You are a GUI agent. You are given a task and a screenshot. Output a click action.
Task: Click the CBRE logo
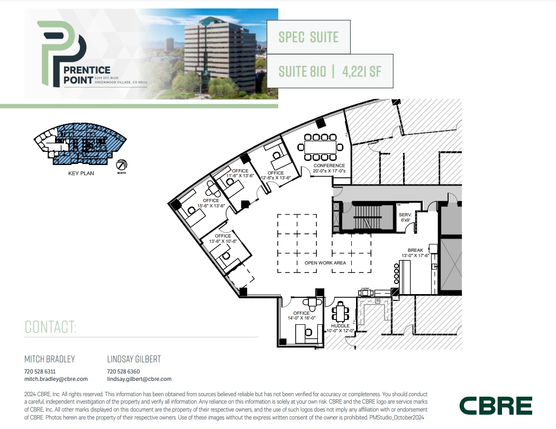pyautogui.click(x=496, y=405)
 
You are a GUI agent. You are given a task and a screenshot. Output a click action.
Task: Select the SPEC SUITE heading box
pyautogui.click(x=308, y=37)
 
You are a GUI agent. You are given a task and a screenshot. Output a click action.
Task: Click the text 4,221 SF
pyautogui.click(x=361, y=71)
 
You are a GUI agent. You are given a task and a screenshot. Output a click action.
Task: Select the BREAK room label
pyautogui.click(x=415, y=250)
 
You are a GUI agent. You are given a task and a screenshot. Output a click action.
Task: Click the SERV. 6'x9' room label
pyautogui.click(x=406, y=217)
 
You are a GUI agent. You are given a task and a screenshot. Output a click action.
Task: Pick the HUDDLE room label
pyautogui.click(x=340, y=326)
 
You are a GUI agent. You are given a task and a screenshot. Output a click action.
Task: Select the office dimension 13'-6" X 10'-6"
pyautogui.click(x=223, y=241)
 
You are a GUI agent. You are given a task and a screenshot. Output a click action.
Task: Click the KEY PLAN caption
pyautogui.click(x=81, y=174)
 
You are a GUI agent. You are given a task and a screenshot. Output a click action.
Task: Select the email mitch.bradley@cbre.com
pyautogui.click(x=56, y=379)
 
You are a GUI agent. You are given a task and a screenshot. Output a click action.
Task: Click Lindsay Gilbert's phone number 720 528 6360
pyautogui.click(x=123, y=371)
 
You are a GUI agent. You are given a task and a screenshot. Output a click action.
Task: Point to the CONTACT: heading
pyautogui.click(x=51, y=327)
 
